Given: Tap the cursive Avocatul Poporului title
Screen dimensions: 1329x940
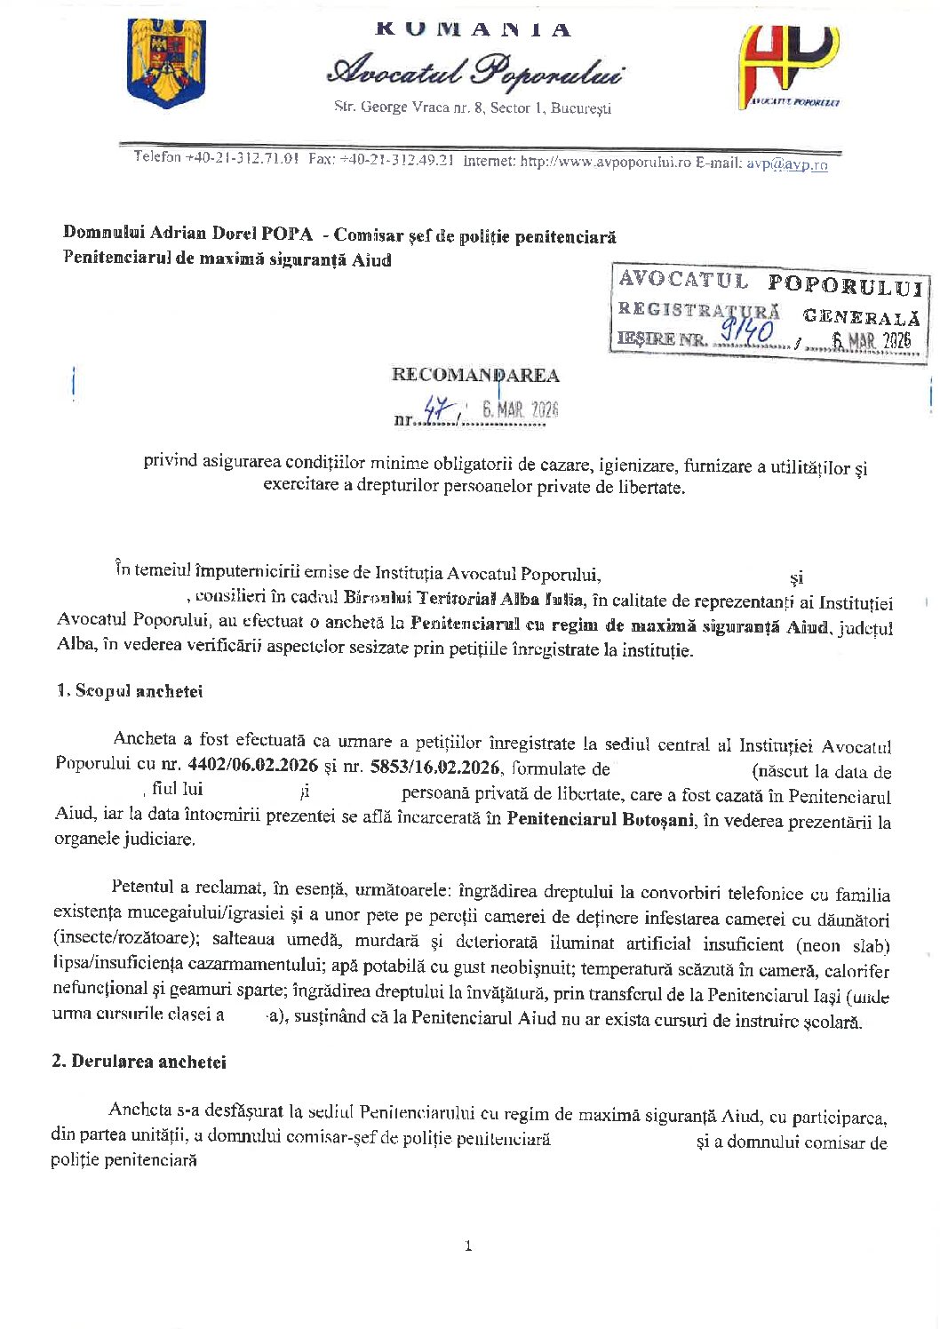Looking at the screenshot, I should point(474,71).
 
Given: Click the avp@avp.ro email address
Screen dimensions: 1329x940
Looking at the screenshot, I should point(786,164).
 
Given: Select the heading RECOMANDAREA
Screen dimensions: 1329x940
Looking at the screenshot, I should point(475,375).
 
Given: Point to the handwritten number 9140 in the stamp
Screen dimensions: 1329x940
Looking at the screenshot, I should point(748,333).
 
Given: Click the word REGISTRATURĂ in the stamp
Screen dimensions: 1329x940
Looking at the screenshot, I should point(699,310).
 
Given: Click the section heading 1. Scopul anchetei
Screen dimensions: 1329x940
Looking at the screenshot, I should point(130,691).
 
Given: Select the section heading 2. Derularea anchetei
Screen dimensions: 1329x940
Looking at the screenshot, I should point(139,1062).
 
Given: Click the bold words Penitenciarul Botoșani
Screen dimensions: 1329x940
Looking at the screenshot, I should point(600,819).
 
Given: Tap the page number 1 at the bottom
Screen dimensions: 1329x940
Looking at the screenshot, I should point(468,1246).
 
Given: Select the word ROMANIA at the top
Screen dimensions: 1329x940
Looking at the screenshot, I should point(474,29).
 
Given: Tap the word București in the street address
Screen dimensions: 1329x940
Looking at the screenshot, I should point(581,108).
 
